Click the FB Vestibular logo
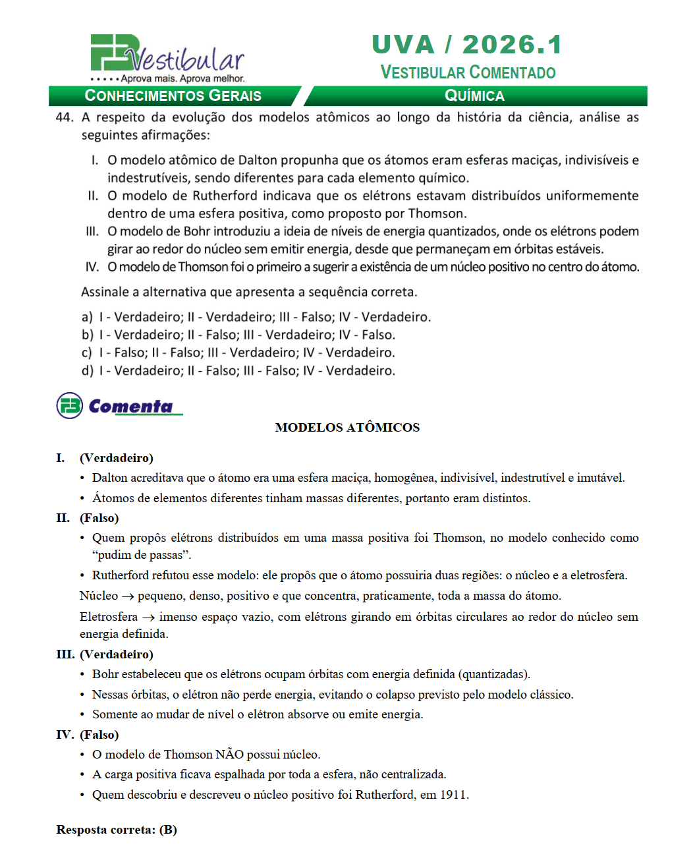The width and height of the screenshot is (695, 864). (167, 58)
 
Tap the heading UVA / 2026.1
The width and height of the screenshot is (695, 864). (467, 45)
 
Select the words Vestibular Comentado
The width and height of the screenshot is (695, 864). (468, 72)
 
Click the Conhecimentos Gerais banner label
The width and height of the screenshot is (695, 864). (173, 96)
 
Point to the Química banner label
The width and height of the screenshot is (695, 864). (474, 96)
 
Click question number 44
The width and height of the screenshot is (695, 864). (65, 117)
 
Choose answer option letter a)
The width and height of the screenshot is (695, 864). (87, 317)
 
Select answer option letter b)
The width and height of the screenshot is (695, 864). (87, 335)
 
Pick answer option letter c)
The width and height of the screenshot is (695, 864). (87, 353)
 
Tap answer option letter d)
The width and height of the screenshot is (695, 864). (87, 370)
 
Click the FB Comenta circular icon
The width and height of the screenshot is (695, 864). (70, 406)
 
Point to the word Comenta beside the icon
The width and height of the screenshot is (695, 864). (130, 406)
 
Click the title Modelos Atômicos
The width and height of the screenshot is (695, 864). (347, 428)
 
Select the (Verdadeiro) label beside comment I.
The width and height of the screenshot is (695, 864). (117, 458)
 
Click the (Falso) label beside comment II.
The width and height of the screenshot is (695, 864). (99, 518)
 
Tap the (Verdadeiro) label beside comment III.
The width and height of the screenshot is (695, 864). (117, 654)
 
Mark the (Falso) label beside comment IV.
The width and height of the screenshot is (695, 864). (99, 735)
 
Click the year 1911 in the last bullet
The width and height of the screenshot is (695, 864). (453, 795)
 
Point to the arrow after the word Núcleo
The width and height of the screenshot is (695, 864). (128, 596)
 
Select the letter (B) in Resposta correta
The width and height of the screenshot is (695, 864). (168, 830)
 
